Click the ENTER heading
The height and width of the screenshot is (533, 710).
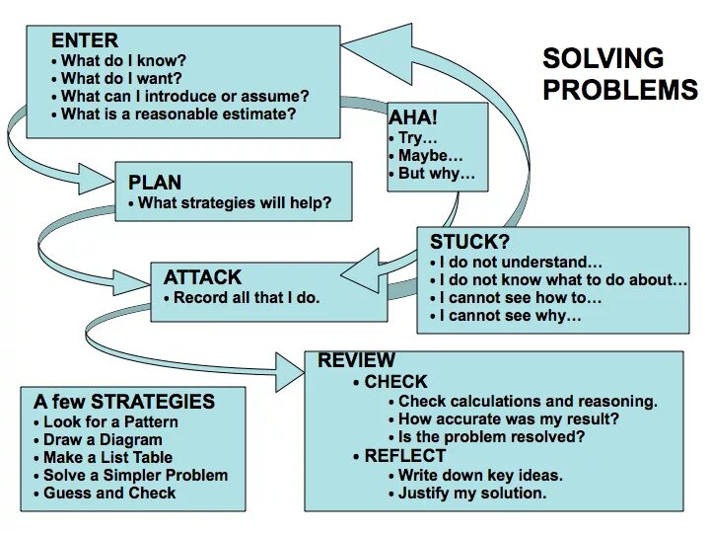[x=85, y=41]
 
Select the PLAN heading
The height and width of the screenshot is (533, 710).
[x=155, y=183]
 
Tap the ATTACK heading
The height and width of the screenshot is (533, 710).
[x=202, y=277]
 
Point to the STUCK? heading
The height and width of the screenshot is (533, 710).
[x=469, y=242]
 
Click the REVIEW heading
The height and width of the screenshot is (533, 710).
[x=356, y=360]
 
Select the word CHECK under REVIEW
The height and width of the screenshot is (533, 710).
[x=395, y=382]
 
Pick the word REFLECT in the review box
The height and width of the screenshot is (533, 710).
[x=404, y=456]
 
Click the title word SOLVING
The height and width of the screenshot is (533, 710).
[x=603, y=58]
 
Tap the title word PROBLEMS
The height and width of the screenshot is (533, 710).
[x=619, y=90]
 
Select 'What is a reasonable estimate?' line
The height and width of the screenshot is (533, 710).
[x=178, y=114]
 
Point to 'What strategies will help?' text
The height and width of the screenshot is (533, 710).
[x=235, y=204]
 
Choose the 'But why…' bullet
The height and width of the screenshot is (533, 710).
[x=437, y=174]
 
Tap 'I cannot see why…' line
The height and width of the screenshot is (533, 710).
[x=510, y=317]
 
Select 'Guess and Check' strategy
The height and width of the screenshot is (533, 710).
[x=109, y=493]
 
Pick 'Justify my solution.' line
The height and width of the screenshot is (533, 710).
[x=472, y=493]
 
